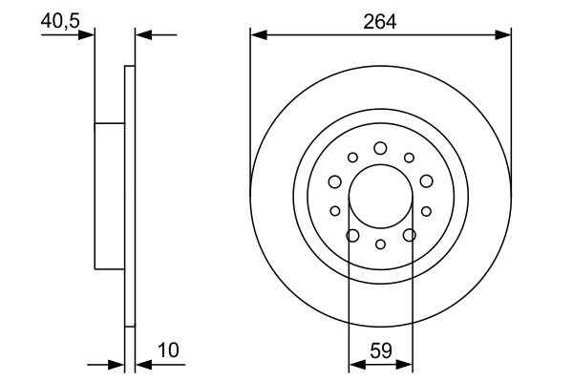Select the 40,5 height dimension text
point(58,18)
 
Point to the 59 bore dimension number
point(380,350)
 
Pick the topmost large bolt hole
point(380,148)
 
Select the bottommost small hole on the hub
point(380,244)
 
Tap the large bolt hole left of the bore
point(334,181)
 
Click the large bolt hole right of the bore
point(426,181)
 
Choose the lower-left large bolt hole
point(352,235)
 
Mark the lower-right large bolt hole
point(409,235)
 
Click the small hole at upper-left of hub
point(352,158)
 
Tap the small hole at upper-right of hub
point(409,158)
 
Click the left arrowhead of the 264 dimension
point(257,34)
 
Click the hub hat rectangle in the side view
point(110,196)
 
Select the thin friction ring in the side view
point(130,196)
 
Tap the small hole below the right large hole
point(426,211)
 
